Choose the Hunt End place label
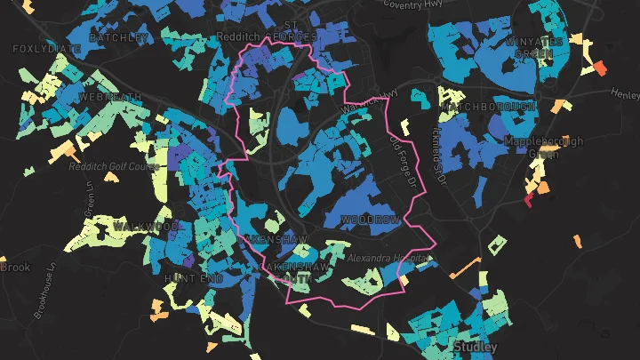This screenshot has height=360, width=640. pyautogui.click(x=186, y=278)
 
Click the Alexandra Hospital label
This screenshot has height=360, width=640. pyautogui.click(x=388, y=258)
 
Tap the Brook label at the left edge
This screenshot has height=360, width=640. pyautogui.click(x=14, y=267)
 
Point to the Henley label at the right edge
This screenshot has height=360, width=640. pyautogui.click(x=625, y=92)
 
